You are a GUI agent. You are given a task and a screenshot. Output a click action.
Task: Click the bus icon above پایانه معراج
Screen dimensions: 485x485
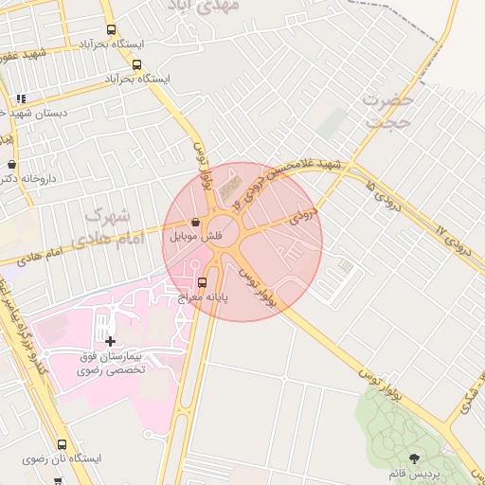pos(202,282)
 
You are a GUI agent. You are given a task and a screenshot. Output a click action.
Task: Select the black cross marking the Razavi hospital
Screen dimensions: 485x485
pos(110,340)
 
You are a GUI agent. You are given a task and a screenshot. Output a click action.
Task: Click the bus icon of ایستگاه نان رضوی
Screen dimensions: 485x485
pos(63,444)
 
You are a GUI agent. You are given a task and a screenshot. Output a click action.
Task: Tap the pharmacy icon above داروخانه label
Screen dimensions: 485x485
pos(11,164)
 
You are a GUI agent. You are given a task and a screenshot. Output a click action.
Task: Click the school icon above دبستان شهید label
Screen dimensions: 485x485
pos(21,99)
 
